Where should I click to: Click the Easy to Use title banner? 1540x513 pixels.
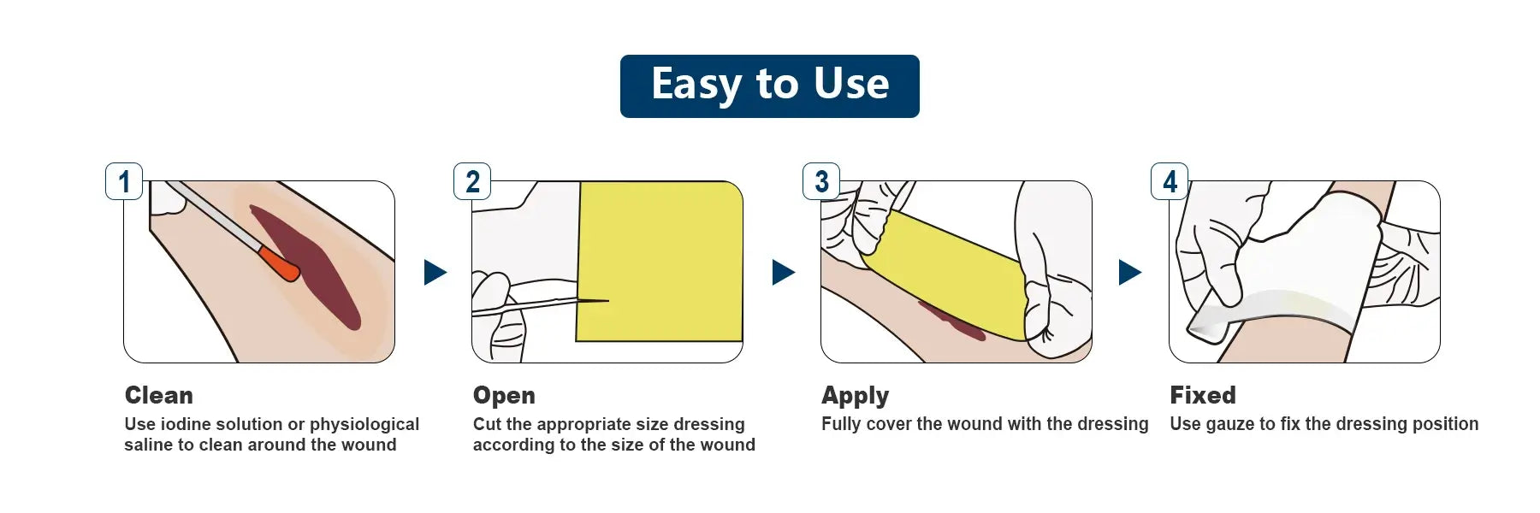(x=770, y=86)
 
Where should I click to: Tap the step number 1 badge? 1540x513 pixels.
(x=124, y=181)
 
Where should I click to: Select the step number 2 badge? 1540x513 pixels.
(x=472, y=181)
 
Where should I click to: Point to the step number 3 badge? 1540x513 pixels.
(x=821, y=181)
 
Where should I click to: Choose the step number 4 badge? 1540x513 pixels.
(x=1170, y=181)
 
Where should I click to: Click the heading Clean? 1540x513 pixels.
(x=159, y=395)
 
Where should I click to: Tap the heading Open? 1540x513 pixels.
(x=504, y=396)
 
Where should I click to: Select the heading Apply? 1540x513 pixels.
(x=856, y=396)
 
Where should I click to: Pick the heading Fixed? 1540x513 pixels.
(x=1203, y=395)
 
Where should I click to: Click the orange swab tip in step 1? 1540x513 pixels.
(x=279, y=263)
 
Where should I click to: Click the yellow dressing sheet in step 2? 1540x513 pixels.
(x=660, y=262)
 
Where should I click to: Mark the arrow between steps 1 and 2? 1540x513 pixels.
(x=435, y=273)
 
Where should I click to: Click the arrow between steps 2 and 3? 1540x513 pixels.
(x=783, y=273)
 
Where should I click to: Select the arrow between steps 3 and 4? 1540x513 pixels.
(x=1129, y=273)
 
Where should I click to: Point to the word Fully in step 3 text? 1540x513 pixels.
(x=841, y=425)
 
